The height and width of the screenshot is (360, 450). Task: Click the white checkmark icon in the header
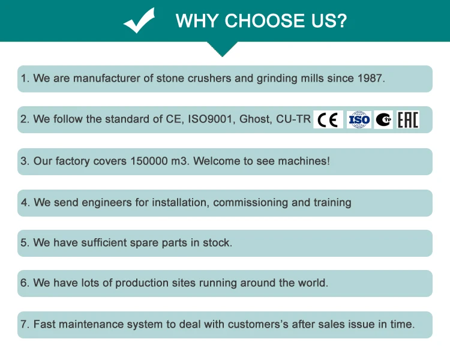[140, 22]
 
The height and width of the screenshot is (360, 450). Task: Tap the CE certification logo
[328, 119]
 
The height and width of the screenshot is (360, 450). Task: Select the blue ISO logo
[359, 119]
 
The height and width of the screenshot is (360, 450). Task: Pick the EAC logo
[408, 119]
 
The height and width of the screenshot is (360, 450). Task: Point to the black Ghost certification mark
[384, 119]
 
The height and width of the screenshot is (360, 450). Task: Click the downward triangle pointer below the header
[224, 50]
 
